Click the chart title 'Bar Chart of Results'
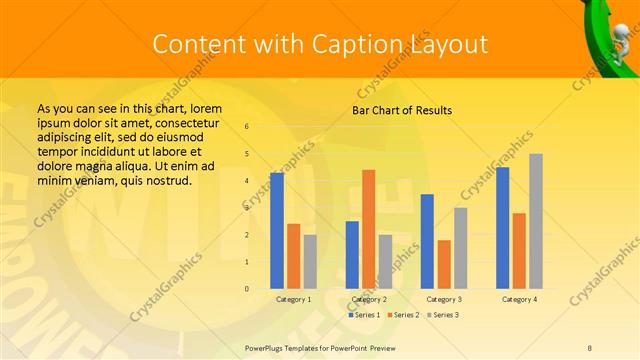pos(402,110)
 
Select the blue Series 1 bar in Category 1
pos(277,230)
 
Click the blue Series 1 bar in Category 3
pos(427,240)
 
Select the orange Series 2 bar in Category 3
pos(444,263)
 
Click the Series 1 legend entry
pos(364,315)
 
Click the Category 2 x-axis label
pos(369,299)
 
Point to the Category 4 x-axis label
pos(519,299)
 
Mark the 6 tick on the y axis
pos(247,127)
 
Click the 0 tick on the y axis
pos(247,289)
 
